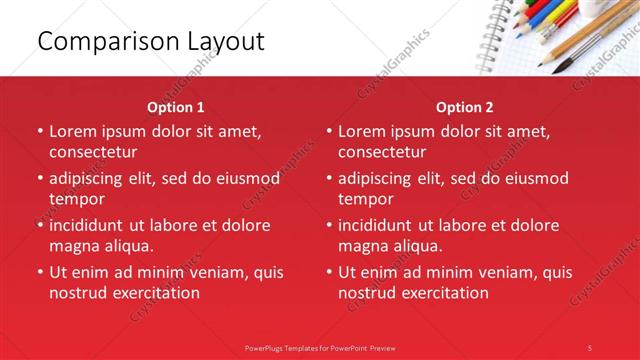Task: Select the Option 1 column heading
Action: (176, 107)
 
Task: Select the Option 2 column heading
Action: (465, 107)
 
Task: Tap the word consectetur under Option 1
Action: (93, 152)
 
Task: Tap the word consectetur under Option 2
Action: (382, 152)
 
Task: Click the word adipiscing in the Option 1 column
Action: (93, 178)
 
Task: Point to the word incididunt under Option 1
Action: (93, 225)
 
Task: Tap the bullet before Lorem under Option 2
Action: (328, 131)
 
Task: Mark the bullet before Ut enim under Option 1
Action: (39, 272)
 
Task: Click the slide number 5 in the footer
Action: (590, 347)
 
